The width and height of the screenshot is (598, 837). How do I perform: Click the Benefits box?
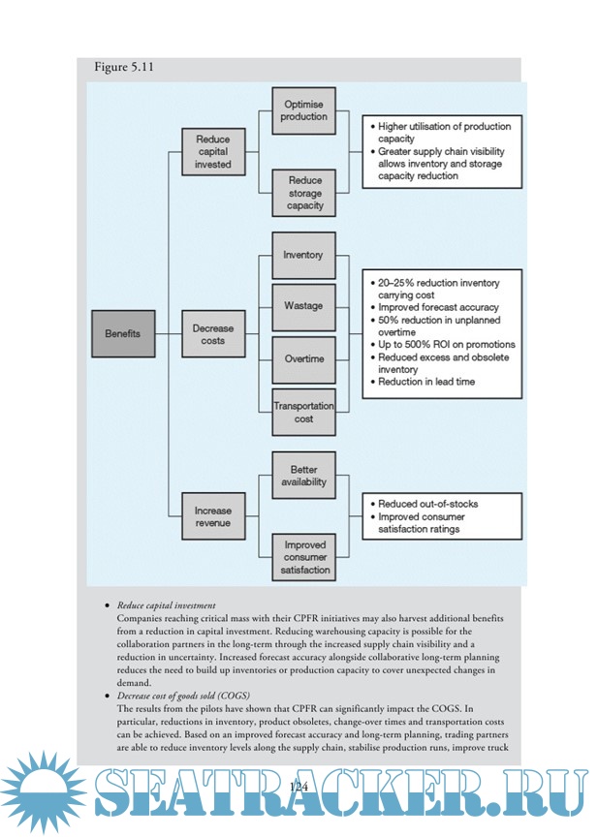123,334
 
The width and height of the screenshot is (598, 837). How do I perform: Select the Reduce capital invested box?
214,152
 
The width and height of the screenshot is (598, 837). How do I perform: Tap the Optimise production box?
304,110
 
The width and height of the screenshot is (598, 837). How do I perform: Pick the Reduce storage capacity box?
304,193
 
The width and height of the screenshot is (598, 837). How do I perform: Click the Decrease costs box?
214,334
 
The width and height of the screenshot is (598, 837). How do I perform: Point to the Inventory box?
304,256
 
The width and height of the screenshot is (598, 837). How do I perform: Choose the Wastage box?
304,307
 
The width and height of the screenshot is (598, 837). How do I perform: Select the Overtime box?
304,359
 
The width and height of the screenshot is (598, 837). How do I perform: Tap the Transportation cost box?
304,412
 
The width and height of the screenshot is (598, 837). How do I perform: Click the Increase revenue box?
214,517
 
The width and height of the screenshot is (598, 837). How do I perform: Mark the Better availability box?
304,476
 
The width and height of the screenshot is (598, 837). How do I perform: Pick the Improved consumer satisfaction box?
304,557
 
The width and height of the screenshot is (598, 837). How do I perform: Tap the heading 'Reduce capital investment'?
167,605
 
